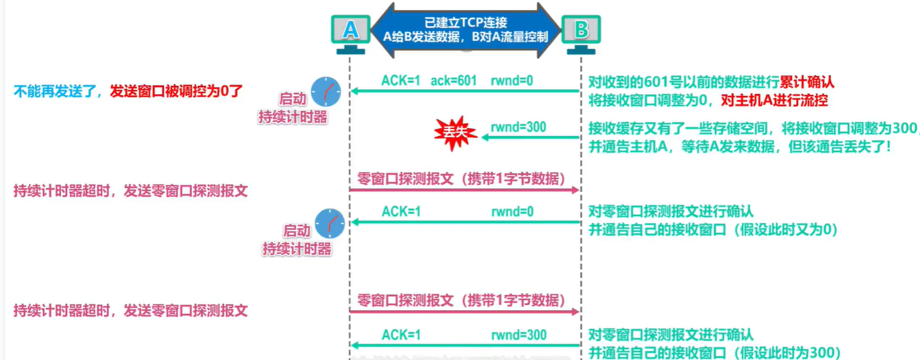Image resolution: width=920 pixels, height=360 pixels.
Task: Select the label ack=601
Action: coord(453,81)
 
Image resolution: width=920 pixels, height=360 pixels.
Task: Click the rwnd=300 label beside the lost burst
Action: coord(518,127)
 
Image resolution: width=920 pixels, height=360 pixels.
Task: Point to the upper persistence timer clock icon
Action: coord(326,92)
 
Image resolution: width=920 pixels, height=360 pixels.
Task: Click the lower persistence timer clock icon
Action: coord(330,223)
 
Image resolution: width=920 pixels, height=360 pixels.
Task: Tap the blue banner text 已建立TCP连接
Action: coord(465,22)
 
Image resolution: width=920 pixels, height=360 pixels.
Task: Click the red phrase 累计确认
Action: coord(807,82)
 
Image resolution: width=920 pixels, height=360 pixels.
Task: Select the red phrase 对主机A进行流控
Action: coord(774,100)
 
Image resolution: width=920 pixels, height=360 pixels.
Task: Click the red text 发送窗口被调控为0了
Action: coord(176,92)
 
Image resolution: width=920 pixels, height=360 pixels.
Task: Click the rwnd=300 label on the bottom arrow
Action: coord(519,335)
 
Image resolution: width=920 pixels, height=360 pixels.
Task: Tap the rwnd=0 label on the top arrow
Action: coord(512,81)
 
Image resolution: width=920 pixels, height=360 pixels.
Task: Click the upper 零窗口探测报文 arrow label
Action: coord(461,179)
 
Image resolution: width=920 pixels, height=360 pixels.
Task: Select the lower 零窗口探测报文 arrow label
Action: coord(461,300)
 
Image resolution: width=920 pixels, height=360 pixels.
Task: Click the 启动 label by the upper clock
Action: coord(293,99)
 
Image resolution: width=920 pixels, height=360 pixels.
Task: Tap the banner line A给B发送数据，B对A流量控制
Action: coord(465,37)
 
